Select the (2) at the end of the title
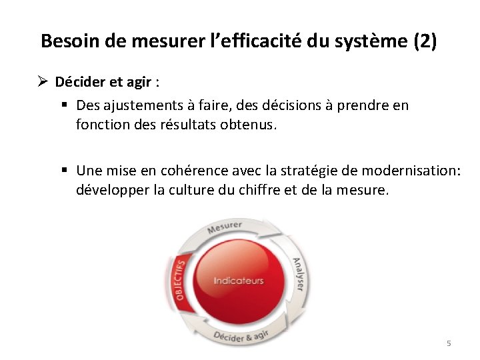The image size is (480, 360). click(425, 41)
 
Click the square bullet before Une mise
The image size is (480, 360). click(66, 170)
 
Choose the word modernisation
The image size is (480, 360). click(413, 170)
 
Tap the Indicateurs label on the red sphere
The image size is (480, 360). click(238, 281)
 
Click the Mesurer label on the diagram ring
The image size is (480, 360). click(224, 227)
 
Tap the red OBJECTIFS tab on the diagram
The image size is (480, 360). click(179, 280)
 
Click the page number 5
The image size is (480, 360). click(449, 343)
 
